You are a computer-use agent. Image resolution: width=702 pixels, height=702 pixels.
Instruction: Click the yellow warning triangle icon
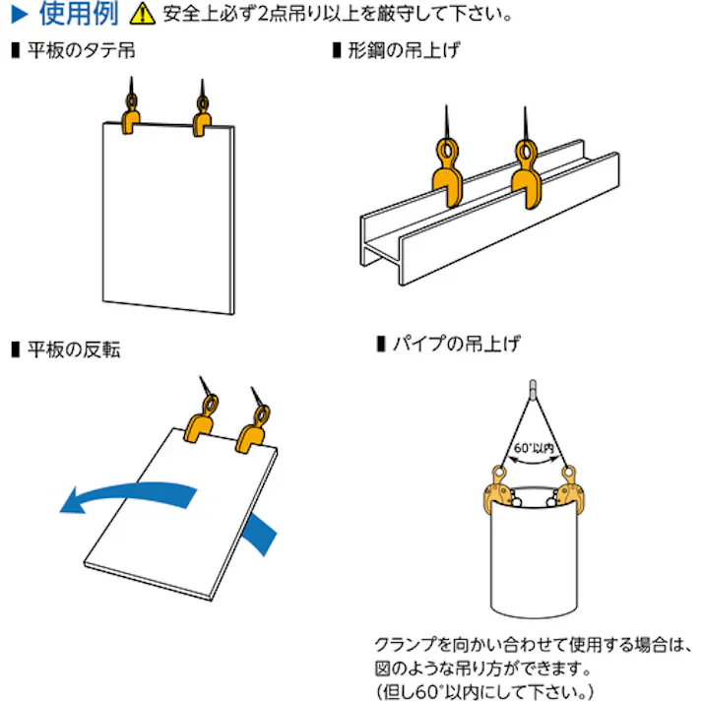tap(144, 15)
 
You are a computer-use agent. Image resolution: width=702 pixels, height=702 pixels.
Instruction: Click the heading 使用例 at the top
tap(84, 14)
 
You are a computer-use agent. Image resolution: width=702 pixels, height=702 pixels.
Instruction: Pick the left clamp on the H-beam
tap(448, 177)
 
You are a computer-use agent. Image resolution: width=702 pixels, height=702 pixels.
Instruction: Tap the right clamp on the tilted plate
tap(255, 432)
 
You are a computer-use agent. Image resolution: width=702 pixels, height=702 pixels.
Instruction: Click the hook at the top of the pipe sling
tap(533, 387)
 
